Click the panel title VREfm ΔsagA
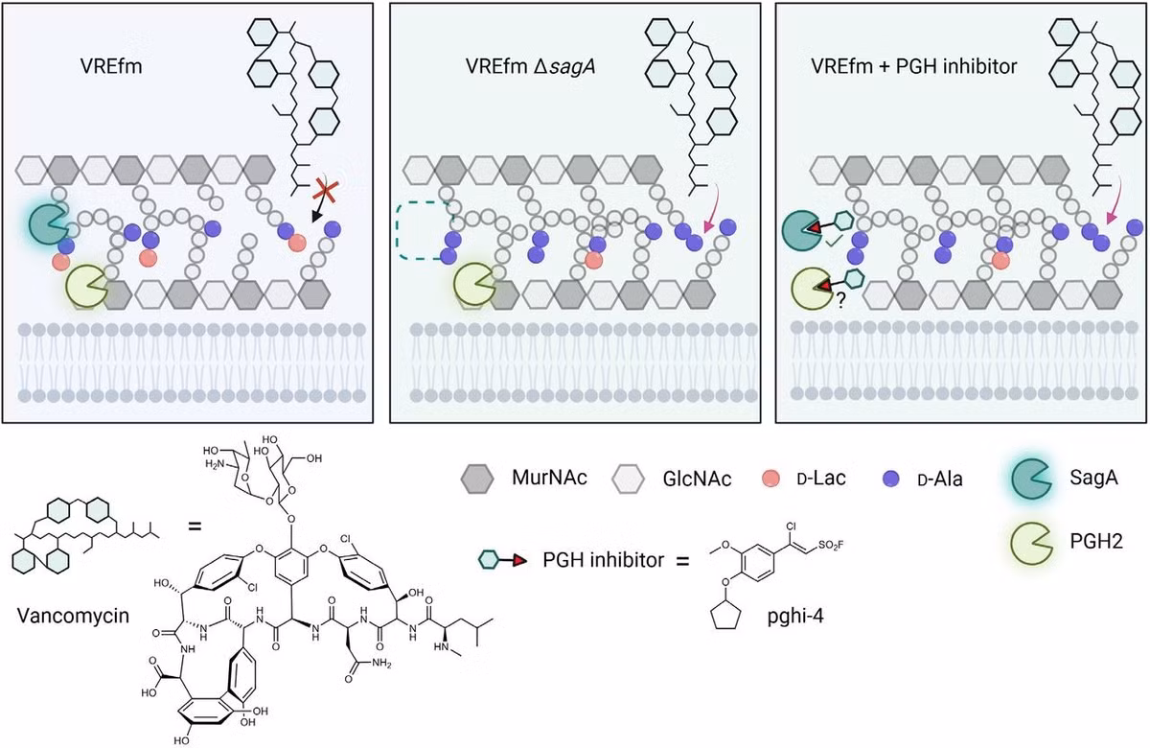pyautogui.click(x=530, y=67)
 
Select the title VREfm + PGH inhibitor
pyautogui.click(x=914, y=66)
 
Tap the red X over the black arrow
pyautogui.click(x=325, y=190)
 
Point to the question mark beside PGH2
pyautogui.click(x=840, y=300)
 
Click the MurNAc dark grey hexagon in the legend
pyautogui.click(x=477, y=479)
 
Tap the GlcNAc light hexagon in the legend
pyautogui.click(x=628, y=479)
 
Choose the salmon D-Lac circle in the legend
pyautogui.click(x=771, y=479)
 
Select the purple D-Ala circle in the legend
pyautogui.click(x=890, y=479)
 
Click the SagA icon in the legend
pyautogui.click(x=1030, y=479)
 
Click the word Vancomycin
pyautogui.click(x=73, y=615)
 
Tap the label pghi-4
pyautogui.click(x=795, y=616)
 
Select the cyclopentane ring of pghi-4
pyautogui.click(x=724, y=615)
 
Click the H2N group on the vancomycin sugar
pyautogui.click(x=216, y=464)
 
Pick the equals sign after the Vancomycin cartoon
pyautogui.click(x=195, y=526)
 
